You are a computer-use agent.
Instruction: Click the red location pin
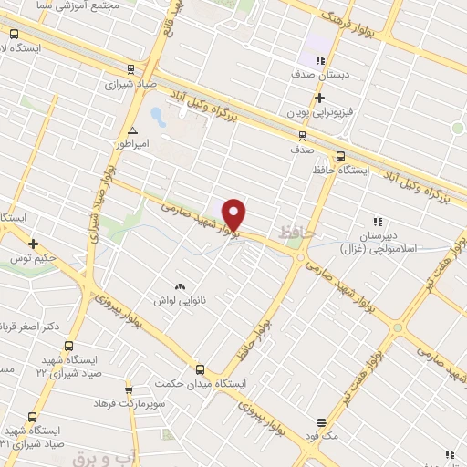pos(233,214)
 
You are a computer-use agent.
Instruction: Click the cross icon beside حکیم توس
pos(33,244)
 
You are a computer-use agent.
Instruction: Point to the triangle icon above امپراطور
pos(133,130)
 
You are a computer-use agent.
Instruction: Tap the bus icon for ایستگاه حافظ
pos(339,156)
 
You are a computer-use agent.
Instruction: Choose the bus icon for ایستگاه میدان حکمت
pos(200,368)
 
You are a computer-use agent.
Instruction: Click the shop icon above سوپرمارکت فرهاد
pos(128,389)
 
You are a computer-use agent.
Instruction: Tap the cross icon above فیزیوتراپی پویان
pos(318,98)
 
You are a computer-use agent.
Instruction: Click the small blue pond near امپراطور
pos(157,117)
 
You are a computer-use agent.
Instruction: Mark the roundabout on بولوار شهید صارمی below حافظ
pos(301,258)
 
